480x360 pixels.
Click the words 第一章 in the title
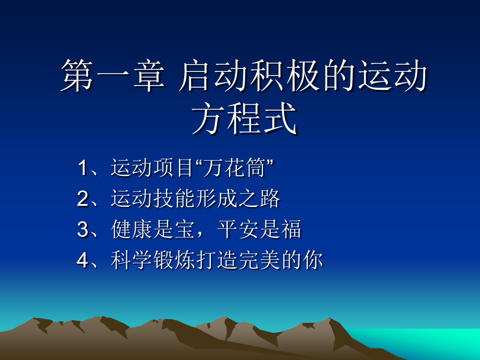tap(113, 76)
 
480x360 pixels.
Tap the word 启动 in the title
tap(214, 76)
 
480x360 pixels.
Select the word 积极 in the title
tap(285, 76)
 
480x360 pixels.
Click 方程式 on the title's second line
tap(244, 118)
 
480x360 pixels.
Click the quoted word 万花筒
tap(234, 168)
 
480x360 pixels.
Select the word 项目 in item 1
tap(173, 168)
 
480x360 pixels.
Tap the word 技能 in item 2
tap(174, 198)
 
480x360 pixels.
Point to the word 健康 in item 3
tap(131, 229)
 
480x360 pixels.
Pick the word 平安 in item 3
tap(238, 229)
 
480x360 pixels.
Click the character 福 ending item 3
tap(291, 229)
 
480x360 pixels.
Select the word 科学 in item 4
tap(131, 260)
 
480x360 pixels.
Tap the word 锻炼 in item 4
tap(174, 260)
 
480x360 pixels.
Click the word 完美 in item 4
tap(259, 260)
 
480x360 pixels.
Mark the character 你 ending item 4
tap(313, 260)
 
